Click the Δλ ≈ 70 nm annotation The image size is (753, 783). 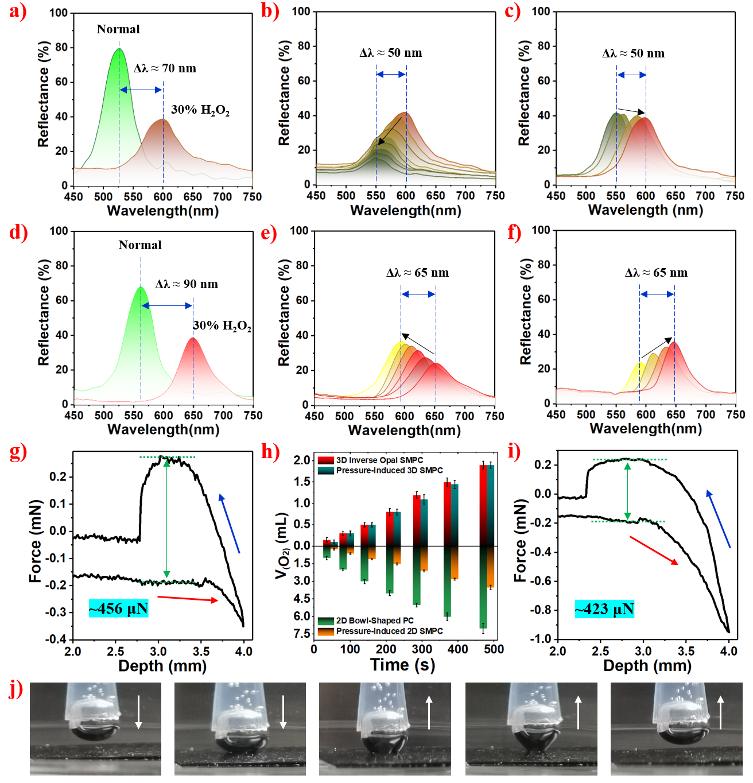click(165, 68)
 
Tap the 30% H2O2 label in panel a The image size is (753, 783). click(200, 110)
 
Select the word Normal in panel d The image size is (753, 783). click(140, 245)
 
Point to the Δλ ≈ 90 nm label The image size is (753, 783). click(187, 284)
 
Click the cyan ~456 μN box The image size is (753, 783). click(119, 608)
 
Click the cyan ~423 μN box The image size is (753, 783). click(604, 609)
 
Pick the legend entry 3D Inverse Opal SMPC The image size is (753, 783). click(379, 460)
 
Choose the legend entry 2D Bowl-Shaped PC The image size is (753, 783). click(374, 621)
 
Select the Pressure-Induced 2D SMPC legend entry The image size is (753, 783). click(389, 631)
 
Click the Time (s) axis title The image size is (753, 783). click(403, 665)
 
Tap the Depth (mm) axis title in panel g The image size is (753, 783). click(162, 666)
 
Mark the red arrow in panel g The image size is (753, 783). click(188, 599)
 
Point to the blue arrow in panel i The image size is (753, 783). click(719, 518)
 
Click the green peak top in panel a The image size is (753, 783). click(119, 49)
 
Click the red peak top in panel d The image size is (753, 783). click(193, 338)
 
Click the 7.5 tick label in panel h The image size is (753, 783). click(302, 634)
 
